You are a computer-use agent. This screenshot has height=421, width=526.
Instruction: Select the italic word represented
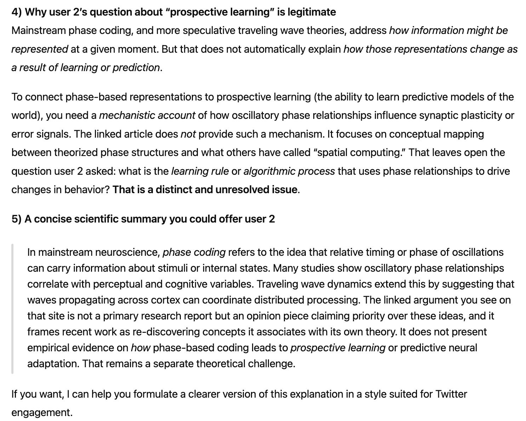(x=40, y=49)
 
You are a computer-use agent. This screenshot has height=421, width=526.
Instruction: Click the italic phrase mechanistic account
(x=147, y=115)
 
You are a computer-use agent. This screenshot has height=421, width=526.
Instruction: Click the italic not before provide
(x=188, y=134)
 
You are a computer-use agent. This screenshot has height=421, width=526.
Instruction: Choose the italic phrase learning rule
(x=200, y=171)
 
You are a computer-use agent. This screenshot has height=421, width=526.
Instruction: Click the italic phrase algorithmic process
(x=289, y=171)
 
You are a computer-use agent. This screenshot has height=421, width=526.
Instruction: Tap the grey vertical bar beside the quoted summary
(x=12, y=308)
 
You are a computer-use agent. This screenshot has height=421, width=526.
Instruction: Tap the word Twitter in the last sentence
(x=451, y=394)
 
